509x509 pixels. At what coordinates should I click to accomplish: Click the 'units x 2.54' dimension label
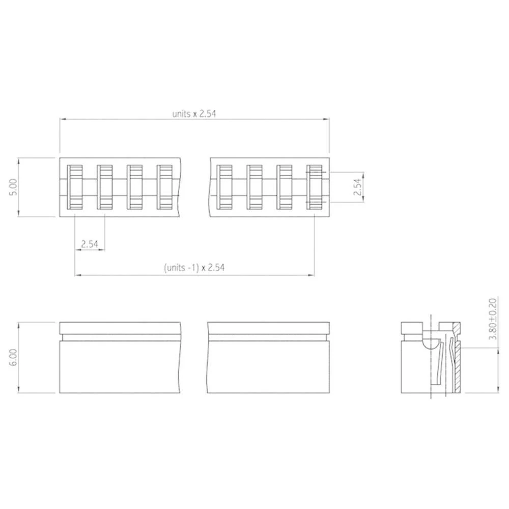click(x=194, y=114)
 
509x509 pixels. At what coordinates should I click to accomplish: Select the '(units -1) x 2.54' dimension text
click(x=194, y=267)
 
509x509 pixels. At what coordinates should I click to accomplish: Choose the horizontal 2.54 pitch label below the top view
click(x=90, y=243)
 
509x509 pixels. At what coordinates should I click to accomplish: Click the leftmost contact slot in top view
click(x=75, y=187)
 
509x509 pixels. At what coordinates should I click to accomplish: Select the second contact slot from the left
click(x=105, y=187)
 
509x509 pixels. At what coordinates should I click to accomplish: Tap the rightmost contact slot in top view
click(x=315, y=187)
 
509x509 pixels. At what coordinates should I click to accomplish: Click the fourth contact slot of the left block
click(x=164, y=187)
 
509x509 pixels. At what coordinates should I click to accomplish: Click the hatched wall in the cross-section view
click(x=457, y=366)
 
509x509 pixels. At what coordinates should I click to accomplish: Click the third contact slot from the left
click(x=135, y=187)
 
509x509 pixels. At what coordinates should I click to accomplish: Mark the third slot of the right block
click(x=285, y=187)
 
